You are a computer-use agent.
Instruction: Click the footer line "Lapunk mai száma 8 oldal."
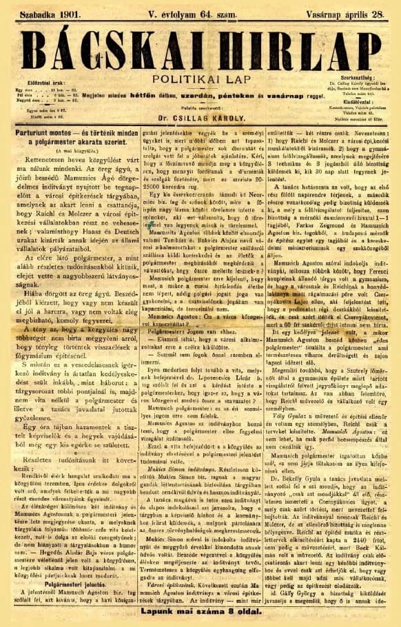[200, 612]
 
